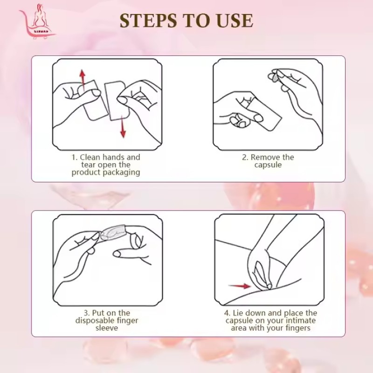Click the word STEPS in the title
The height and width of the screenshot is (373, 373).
(149, 21)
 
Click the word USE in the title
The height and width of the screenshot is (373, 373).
(235, 21)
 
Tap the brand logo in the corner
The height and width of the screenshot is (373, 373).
(38, 21)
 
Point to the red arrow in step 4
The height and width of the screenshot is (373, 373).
(239, 286)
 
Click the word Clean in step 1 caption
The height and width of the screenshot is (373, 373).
(90, 157)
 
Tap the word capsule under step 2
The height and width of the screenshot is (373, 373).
(268, 165)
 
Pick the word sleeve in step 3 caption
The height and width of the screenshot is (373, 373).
(107, 328)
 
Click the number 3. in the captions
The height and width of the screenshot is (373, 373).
(87, 313)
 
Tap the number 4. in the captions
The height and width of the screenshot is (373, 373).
(227, 313)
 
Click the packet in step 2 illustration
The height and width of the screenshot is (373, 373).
(262, 112)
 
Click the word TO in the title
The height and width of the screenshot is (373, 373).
(197, 21)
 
